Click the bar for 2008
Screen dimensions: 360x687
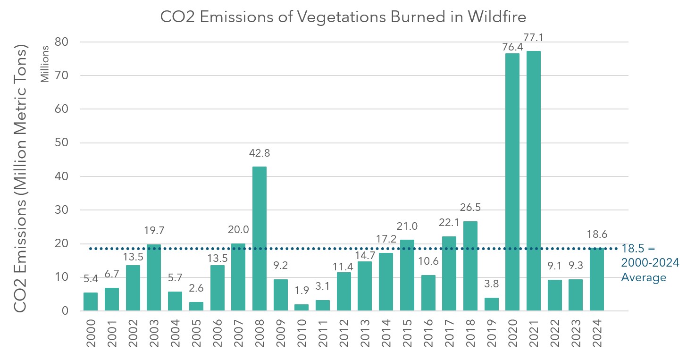tap(259, 239)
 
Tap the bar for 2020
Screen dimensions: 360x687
tap(512, 182)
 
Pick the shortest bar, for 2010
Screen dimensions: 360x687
tap(302, 308)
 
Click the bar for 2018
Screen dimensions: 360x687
tap(470, 266)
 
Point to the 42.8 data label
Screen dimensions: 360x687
tap(259, 153)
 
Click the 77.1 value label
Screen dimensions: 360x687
tap(534, 37)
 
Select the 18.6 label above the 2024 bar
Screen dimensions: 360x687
tap(597, 234)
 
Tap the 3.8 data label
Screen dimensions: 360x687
tap(491, 285)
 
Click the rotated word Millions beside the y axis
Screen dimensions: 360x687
tap(45, 64)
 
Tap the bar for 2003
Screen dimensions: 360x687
tap(154, 278)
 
